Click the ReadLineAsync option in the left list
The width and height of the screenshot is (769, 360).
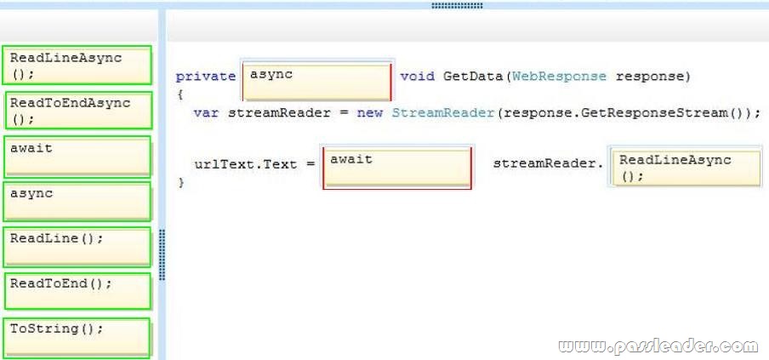(77, 65)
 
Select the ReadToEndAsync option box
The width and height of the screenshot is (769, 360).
(78, 111)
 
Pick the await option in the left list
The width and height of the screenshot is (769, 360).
(77, 157)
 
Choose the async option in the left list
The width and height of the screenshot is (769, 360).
(77, 202)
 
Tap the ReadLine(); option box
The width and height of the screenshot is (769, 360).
(77, 247)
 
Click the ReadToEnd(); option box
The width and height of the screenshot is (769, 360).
(77, 291)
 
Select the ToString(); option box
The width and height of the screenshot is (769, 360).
(77, 337)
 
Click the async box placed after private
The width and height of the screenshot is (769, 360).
(316, 81)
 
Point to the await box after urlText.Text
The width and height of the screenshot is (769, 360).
(396, 168)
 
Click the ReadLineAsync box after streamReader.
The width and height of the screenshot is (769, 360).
(686, 168)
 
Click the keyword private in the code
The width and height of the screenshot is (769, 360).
(206, 77)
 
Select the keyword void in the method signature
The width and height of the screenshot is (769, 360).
(417, 77)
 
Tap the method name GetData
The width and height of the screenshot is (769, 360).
(473, 77)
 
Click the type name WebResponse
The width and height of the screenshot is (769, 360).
(559, 77)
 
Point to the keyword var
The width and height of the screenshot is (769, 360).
(206, 113)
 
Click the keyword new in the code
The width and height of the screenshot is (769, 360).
(370, 113)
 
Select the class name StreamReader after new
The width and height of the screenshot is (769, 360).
(443, 113)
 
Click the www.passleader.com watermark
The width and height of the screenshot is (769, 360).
(658, 346)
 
